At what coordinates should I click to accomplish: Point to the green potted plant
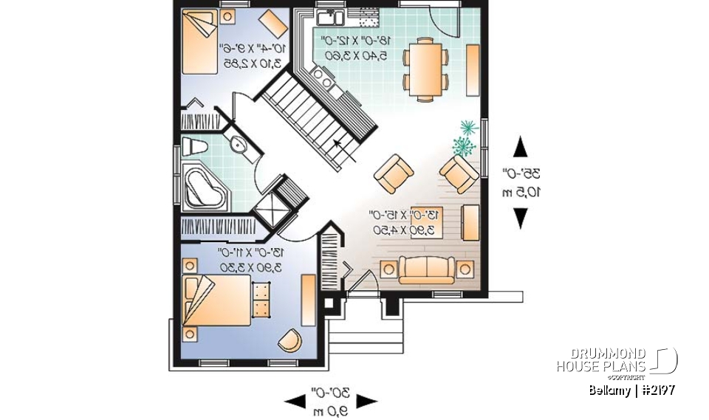click(465, 137)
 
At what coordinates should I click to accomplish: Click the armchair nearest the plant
click(459, 174)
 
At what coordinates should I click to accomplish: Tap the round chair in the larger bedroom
click(290, 340)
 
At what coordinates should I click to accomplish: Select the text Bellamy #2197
click(631, 390)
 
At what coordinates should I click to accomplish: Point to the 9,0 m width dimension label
click(330, 401)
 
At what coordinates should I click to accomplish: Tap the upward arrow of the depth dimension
click(521, 147)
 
